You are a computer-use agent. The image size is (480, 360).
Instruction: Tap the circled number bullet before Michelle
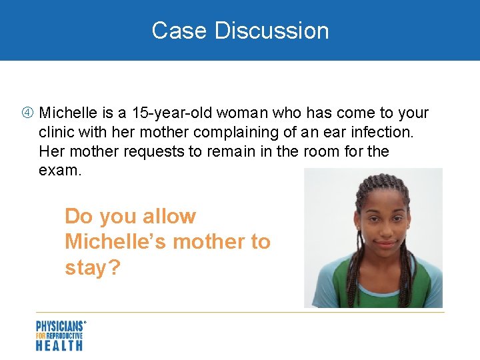pyautogui.click(x=29, y=113)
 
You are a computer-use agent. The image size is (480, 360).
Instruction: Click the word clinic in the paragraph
pyautogui.click(x=57, y=132)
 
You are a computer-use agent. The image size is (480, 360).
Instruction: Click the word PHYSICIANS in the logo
pyautogui.click(x=60, y=327)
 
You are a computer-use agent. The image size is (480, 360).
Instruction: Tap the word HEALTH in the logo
pyautogui.click(x=59, y=345)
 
